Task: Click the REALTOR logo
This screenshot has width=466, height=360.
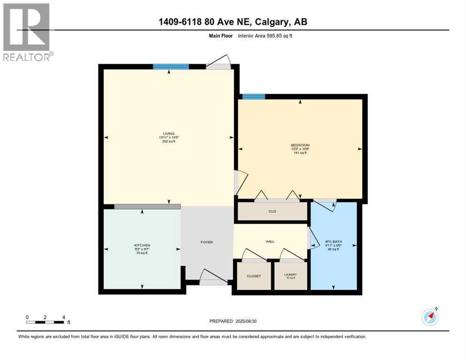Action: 27,32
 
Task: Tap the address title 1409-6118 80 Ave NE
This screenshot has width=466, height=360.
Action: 233,22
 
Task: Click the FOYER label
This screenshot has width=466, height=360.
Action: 206,242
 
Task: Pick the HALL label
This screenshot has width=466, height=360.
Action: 270,241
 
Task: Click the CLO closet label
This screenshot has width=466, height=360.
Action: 272,211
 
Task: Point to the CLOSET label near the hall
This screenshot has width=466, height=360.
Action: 254,276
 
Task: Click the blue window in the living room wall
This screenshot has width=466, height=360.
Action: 171,67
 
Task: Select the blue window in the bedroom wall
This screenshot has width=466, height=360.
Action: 253,97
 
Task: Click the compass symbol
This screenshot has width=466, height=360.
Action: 430,317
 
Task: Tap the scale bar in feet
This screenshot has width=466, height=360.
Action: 45,322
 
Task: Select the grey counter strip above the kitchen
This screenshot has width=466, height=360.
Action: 147,206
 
